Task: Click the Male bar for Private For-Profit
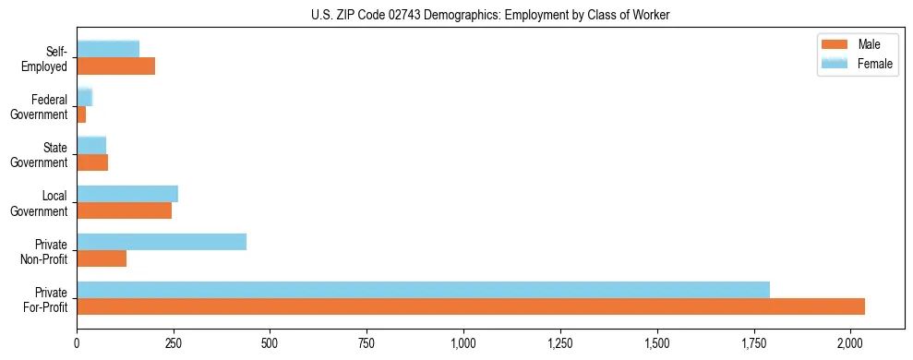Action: [471, 306]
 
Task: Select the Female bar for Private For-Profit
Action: [423, 290]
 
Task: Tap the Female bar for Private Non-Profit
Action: [162, 242]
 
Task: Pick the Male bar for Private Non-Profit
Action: [102, 258]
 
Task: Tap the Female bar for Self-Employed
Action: [108, 50]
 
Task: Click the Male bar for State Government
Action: [92, 162]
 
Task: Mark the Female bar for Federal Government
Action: [85, 97]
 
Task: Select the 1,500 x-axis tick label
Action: [656, 343]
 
